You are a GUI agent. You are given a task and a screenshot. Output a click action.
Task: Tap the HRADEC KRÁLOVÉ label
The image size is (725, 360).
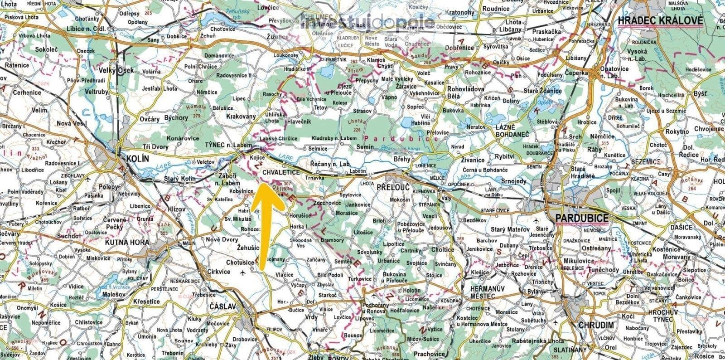pyautogui.click(x=660, y=20)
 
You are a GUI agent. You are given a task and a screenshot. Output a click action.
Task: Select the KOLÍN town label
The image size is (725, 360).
pyautogui.click(x=137, y=159)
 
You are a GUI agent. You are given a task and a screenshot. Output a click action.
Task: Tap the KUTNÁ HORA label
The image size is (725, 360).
pyautogui.click(x=126, y=243)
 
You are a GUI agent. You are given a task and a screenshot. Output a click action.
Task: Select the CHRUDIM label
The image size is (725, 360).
pyautogui.click(x=595, y=325)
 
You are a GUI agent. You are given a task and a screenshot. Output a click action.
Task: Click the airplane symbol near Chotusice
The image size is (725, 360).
pyautogui.click(x=243, y=272)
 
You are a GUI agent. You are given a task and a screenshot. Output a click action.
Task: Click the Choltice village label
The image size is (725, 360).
pyautogui.click(x=442, y=249)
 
